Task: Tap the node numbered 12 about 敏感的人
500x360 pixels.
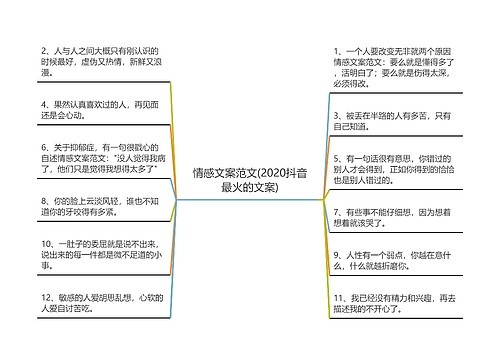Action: tap(95, 304)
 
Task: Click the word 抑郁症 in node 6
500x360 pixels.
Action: tap(79, 147)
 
